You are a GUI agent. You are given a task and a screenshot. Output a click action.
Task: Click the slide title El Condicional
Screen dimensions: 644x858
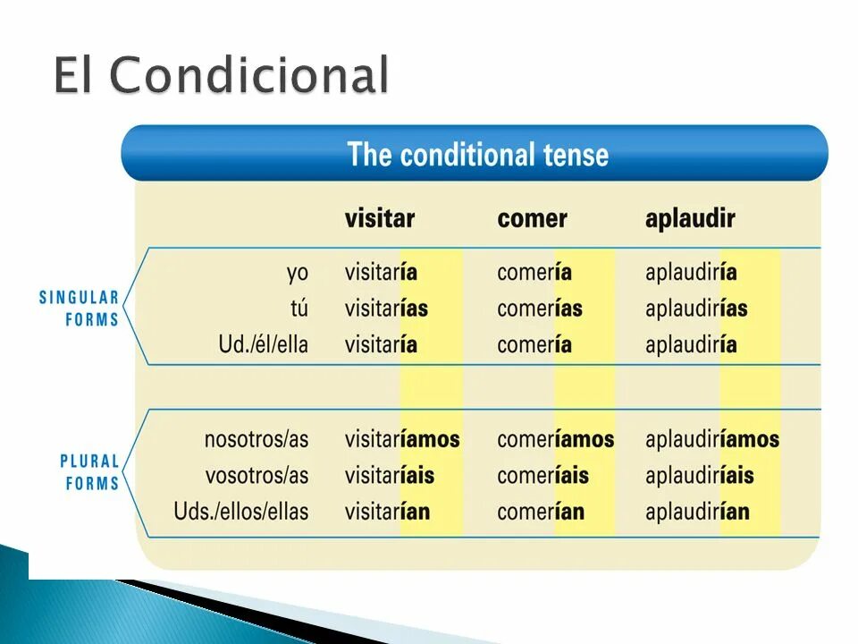click(221, 75)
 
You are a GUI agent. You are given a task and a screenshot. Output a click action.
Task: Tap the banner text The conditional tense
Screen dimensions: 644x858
click(477, 155)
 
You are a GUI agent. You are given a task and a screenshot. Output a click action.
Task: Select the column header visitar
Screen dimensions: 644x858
click(380, 218)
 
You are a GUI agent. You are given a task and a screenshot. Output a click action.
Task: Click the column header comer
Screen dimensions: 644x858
click(532, 218)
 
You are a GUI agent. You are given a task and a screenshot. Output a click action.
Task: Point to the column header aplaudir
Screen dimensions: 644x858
click(690, 218)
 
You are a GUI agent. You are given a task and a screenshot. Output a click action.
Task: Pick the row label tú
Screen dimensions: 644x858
click(299, 309)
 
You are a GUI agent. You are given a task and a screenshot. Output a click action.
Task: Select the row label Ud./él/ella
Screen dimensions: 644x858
click(263, 344)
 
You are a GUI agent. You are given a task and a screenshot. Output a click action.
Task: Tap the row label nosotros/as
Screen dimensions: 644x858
click(256, 439)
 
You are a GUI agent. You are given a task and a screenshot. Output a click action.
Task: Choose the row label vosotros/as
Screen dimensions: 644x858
click(257, 475)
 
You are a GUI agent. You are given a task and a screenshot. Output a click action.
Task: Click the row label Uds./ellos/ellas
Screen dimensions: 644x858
click(240, 512)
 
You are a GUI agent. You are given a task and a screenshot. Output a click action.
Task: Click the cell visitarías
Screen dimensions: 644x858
click(386, 309)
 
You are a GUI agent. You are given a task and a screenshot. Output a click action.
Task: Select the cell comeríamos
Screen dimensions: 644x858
click(555, 439)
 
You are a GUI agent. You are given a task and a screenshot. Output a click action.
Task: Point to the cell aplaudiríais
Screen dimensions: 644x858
click(699, 475)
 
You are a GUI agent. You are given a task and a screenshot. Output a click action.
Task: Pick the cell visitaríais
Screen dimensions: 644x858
click(389, 475)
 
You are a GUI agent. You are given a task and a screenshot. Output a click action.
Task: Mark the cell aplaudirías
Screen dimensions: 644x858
click(696, 309)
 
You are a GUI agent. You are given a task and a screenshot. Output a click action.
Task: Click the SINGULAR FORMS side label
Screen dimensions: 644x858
click(80, 309)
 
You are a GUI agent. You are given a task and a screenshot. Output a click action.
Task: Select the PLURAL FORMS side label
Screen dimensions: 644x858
click(89, 472)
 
